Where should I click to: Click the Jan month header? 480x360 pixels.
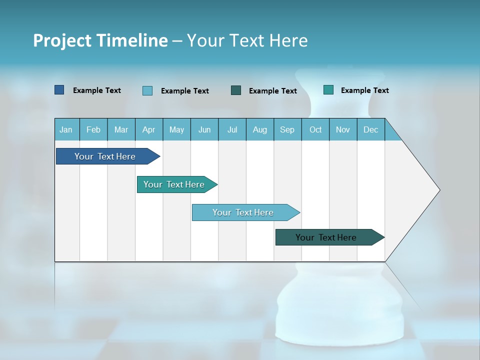pyautogui.click(x=66, y=129)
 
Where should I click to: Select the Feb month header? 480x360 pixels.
pyautogui.click(x=93, y=129)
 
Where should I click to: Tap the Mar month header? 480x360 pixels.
pyautogui.click(x=121, y=129)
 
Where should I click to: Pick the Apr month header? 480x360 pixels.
pyautogui.click(x=149, y=129)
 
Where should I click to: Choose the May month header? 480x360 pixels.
pyautogui.click(x=176, y=129)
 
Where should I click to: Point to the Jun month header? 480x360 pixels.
pyautogui.click(x=204, y=129)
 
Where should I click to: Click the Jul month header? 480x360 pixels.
pyautogui.click(x=232, y=129)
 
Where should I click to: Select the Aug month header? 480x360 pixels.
pyautogui.click(x=260, y=129)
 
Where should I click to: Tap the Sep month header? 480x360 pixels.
pyautogui.click(x=287, y=129)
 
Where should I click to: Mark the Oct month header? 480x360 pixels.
pyautogui.click(x=315, y=129)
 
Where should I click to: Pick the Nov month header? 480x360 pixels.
pyautogui.click(x=343, y=129)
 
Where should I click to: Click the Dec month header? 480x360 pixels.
pyautogui.click(x=371, y=129)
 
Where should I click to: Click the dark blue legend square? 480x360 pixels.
pyautogui.click(x=59, y=90)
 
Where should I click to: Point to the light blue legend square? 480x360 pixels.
pyautogui.click(x=147, y=90)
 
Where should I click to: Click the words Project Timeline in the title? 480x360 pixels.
pyautogui.click(x=100, y=40)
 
